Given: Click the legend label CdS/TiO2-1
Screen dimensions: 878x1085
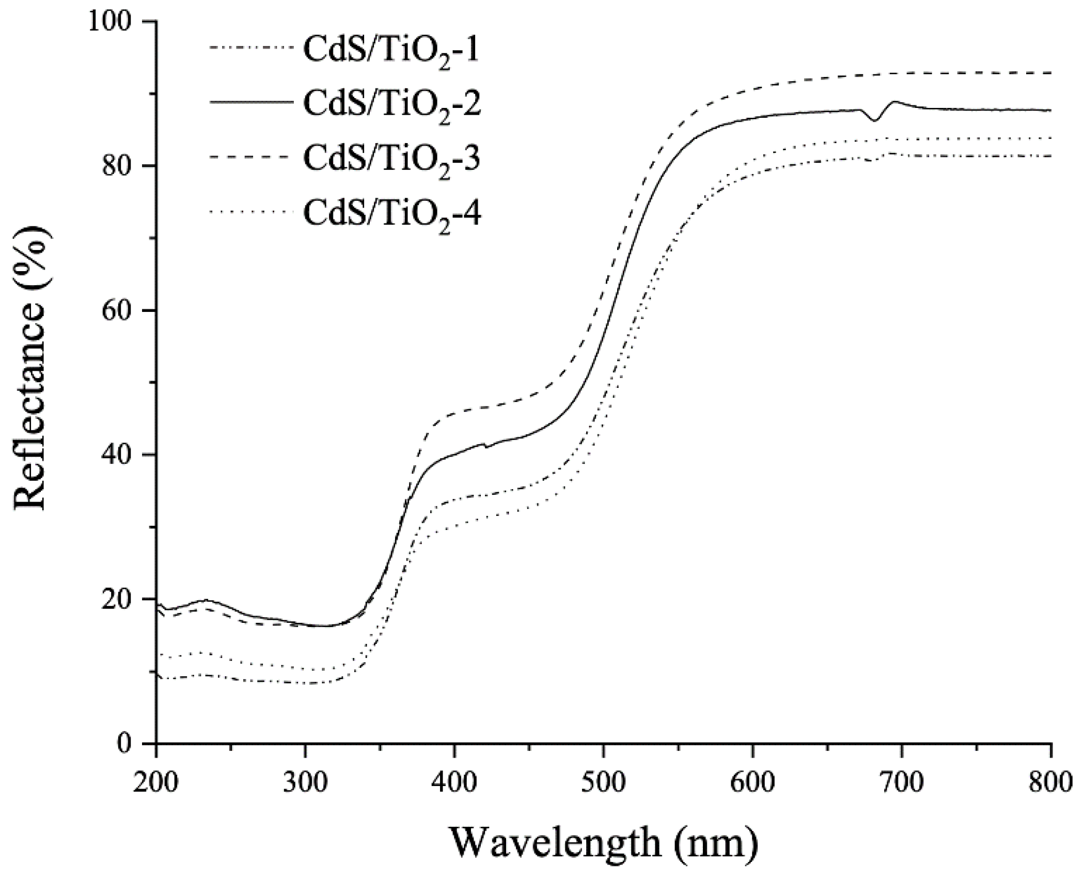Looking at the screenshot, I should tap(391, 51).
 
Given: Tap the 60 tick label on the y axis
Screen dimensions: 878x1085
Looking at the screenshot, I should tap(124, 310).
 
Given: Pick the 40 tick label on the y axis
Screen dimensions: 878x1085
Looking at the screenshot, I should tap(124, 455).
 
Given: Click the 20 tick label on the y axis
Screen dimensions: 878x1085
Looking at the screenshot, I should tap(124, 600).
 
